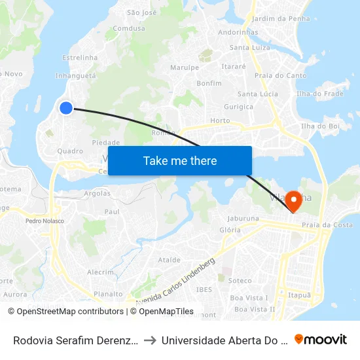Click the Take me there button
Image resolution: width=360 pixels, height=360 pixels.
[x=180, y=161]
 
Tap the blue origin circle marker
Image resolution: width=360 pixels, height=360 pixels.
[x=66, y=108]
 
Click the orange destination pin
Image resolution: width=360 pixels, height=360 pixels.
[x=295, y=202]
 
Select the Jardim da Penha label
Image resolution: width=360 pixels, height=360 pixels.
[x=281, y=18]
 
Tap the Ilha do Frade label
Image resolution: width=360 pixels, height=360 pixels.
[x=320, y=94]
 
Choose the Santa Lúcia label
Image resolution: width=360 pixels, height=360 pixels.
[x=257, y=94]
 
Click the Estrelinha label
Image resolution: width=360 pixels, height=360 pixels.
[x=79, y=58]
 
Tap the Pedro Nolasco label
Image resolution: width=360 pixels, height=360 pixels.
[x=45, y=221]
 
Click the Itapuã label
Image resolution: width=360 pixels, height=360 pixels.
[x=299, y=295]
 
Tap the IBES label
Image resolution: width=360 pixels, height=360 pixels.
[x=204, y=289]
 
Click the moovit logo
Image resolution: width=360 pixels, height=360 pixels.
[x=321, y=339]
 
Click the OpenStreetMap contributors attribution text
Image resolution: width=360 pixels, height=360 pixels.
[x=65, y=312]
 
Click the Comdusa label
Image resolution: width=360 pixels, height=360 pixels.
[x=128, y=29]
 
